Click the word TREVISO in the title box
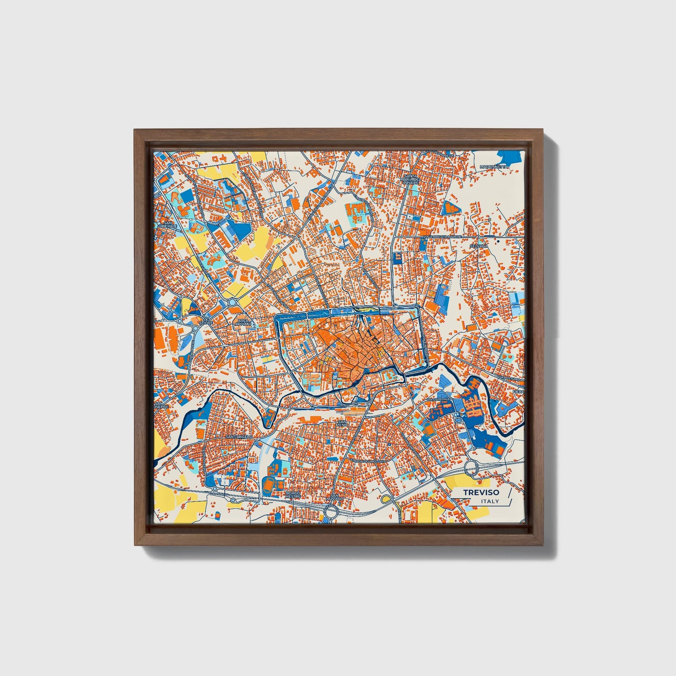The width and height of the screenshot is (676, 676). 481,492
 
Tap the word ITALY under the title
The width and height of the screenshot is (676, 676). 490,501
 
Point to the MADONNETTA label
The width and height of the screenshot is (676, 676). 494,167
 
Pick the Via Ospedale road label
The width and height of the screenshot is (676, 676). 440,399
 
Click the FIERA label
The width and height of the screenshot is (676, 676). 518,391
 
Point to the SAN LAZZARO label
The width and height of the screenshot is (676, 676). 335,497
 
